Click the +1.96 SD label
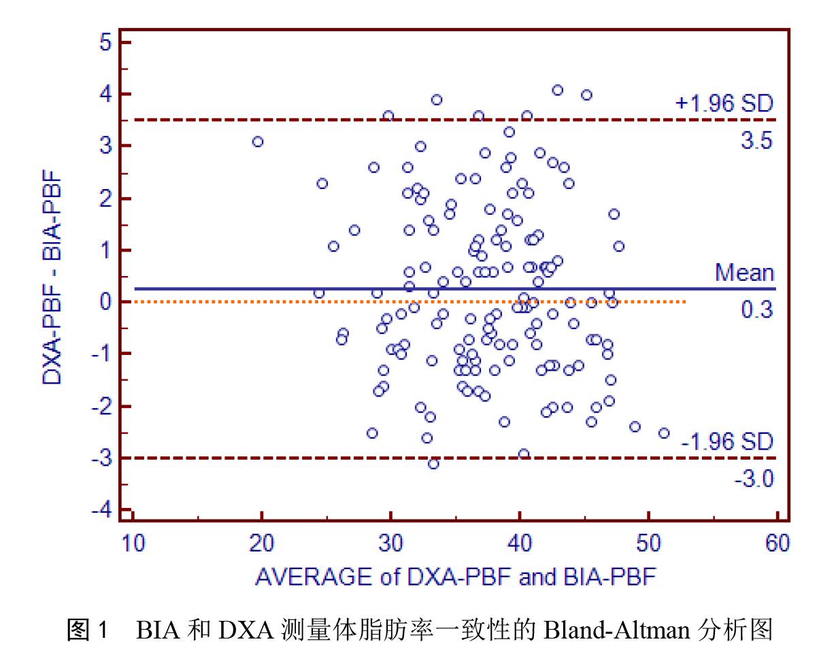pyautogui.click(x=724, y=104)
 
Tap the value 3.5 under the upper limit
pyautogui.click(x=757, y=141)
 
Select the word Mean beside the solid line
pyautogui.click(x=744, y=273)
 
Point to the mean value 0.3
pyautogui.click(x=757, y=309)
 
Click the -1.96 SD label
pyautogui.click(x=727, y=442)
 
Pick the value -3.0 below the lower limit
pyautogui.click(x=754, y=479)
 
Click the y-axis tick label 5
pyautogui.click(x=106, y=42)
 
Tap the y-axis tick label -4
pyautogui.click(x=102, y=510)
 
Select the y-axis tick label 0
pyautogui.click(x=106, y=301)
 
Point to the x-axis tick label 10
pyautogui.click(x=133, y=543)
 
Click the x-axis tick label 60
pyautogui.click(x=778, y=543)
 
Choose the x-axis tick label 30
pyautogui.click(x=390, y=543)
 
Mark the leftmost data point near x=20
pyautogui.click(x=258, y=141)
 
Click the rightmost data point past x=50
pyautogui.click(x=664, y=433)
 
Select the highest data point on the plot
pyautogui.click(x=558, y=90)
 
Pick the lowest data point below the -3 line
pyautogui.click(x=433, y=464)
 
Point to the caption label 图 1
pyautogui.click(x=88, y=631)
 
